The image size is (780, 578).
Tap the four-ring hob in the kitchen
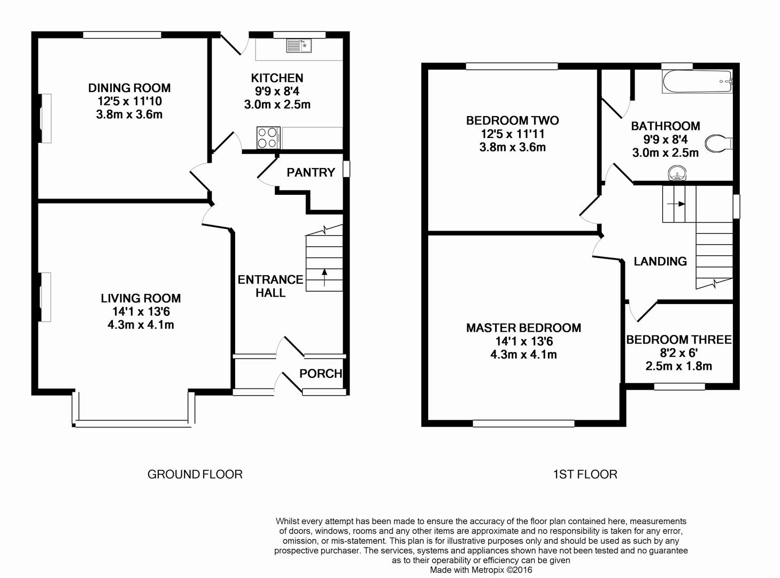pyautogui.click(x=268, y=137)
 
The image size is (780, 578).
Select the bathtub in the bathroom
pyautogui.click(x=697, y=82)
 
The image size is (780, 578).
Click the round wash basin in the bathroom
pyautogui.click(x=677, y=173)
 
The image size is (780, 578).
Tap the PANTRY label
pyautogui.click(x=311, y=172)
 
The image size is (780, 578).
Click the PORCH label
pyautogui.click(x=320, y=374)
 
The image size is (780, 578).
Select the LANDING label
pyautogui.click(x=660, y=261)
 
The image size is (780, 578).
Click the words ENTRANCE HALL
pyautogui.click(x=270, y=286)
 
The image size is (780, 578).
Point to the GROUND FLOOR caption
pyautogui.click(x=195, y=474)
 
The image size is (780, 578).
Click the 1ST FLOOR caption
pyautogui.click(x=585, y=474)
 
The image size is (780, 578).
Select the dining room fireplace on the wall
pyautogui.click(x=46, y=118)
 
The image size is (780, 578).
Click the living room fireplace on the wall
pyautogui.click(x=46, y=297)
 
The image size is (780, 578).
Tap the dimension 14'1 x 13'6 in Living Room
pyautogui.click(x=141, y=311)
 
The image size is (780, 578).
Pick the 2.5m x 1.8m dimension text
pyautogui.click(x=678, y=366)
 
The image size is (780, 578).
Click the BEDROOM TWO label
pyautogui.click(x=512, y=120)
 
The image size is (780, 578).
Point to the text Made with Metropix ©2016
pyautogui.click(x=481, y=570)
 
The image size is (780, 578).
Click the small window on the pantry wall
pyautogui.click(x=346, y=169)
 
